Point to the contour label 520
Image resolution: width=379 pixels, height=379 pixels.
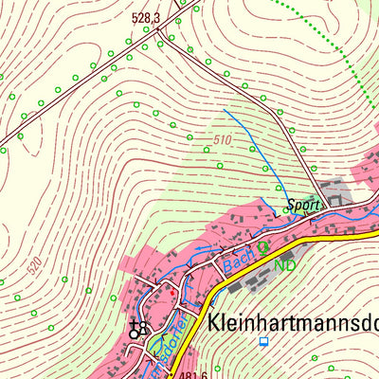(x=35, y=268)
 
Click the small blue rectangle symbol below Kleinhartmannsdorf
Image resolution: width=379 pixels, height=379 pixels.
(x=264, y=342)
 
